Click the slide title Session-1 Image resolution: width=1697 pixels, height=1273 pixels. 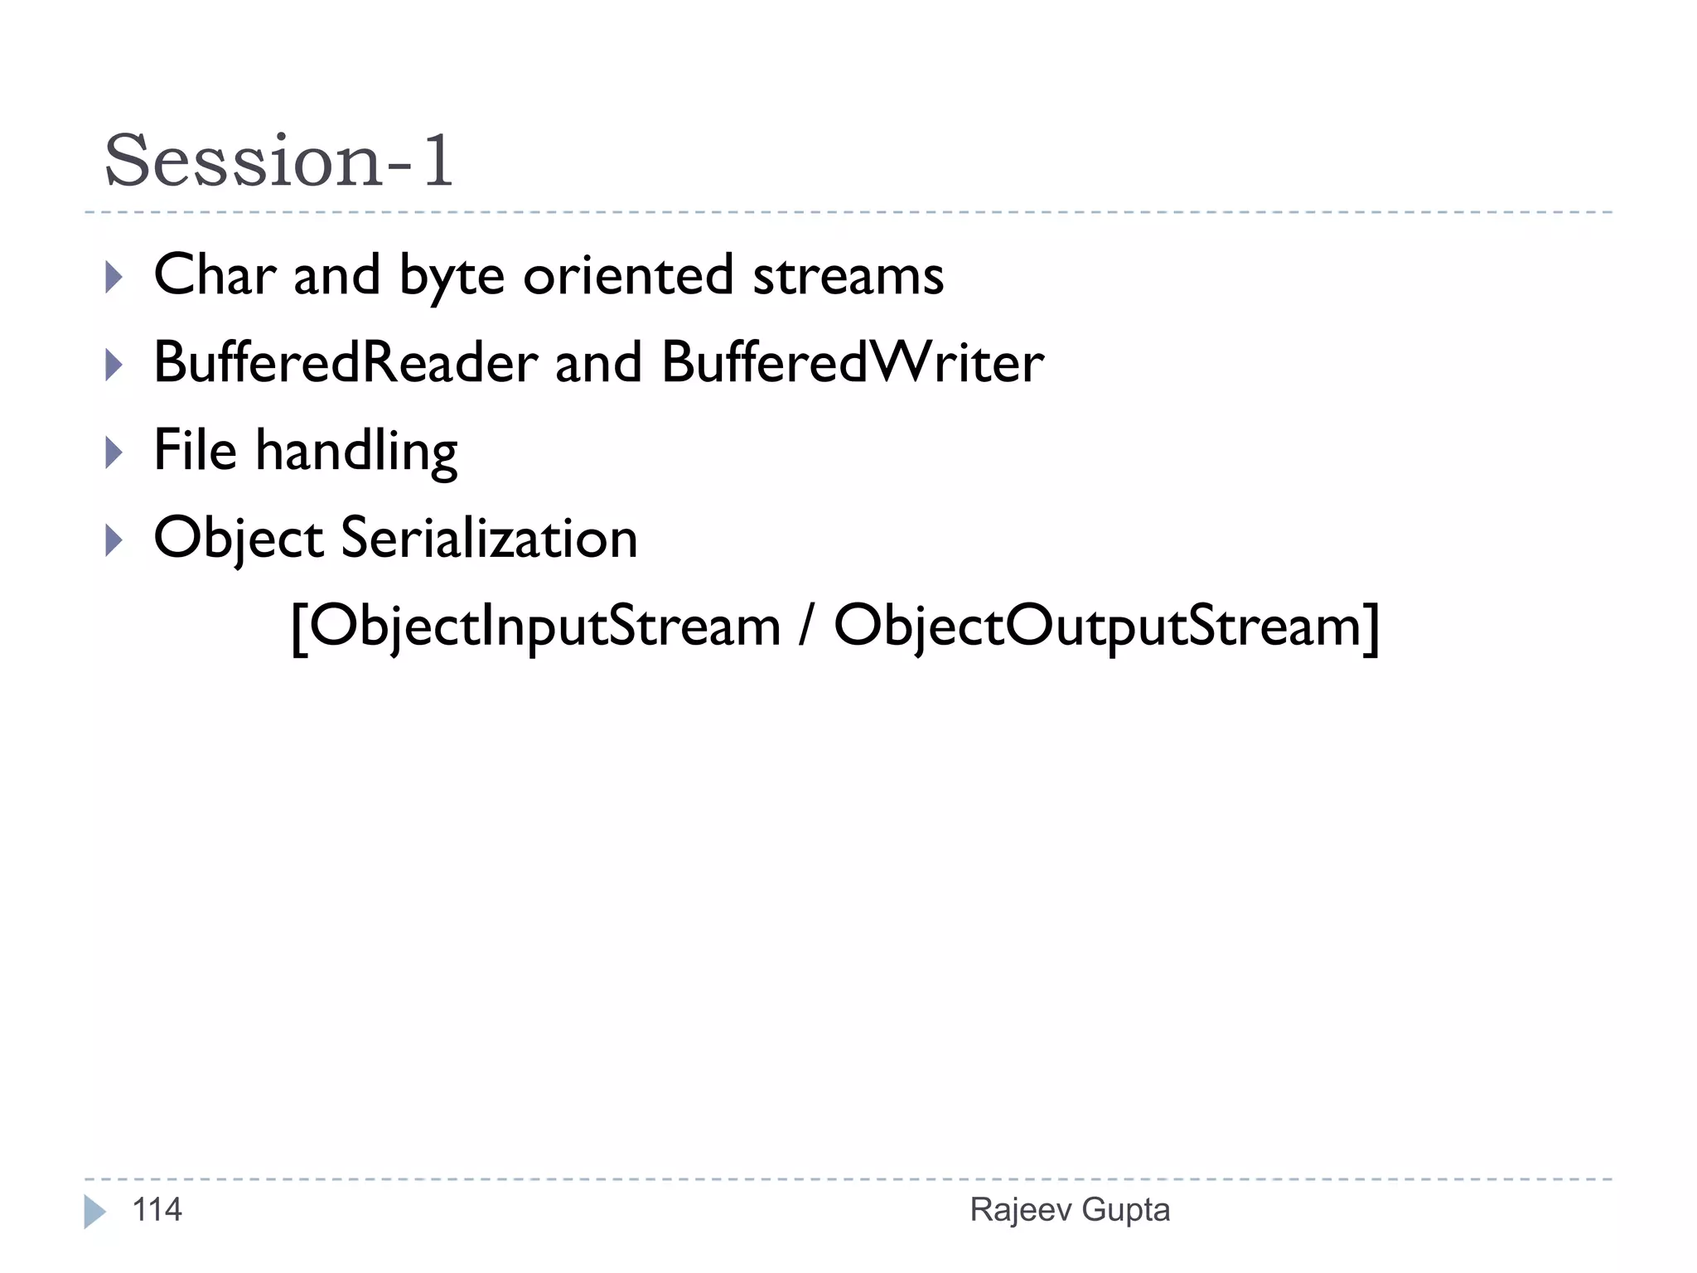278,161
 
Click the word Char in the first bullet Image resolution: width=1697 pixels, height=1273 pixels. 215,275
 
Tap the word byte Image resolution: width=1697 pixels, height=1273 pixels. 452,277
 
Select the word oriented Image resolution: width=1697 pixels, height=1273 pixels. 628,275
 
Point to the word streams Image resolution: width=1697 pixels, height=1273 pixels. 848,277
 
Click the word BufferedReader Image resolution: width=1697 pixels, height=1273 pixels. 346,363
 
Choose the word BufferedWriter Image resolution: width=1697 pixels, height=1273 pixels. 853,363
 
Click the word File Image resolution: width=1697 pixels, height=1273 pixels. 196,451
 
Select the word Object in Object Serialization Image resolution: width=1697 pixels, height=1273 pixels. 239,539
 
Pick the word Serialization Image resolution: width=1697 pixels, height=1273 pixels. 489,539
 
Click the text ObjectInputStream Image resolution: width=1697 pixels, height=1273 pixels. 545,627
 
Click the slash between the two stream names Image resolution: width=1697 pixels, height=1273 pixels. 806,627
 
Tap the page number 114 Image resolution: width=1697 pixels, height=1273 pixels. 157,1210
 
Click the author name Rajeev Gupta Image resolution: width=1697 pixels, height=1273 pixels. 1070,1210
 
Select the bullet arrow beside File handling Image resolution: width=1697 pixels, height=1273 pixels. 114,453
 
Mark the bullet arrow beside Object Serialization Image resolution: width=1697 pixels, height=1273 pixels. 114,540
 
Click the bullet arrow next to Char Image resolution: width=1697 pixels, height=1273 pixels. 114,277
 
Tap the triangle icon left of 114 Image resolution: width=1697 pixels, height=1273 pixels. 94,1212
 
